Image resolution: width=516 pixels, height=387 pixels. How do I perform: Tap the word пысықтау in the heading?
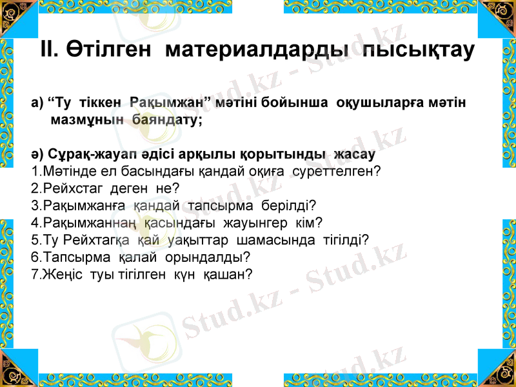pos(419,49)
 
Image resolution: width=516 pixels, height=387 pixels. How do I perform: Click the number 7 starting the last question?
pos(34,274)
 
